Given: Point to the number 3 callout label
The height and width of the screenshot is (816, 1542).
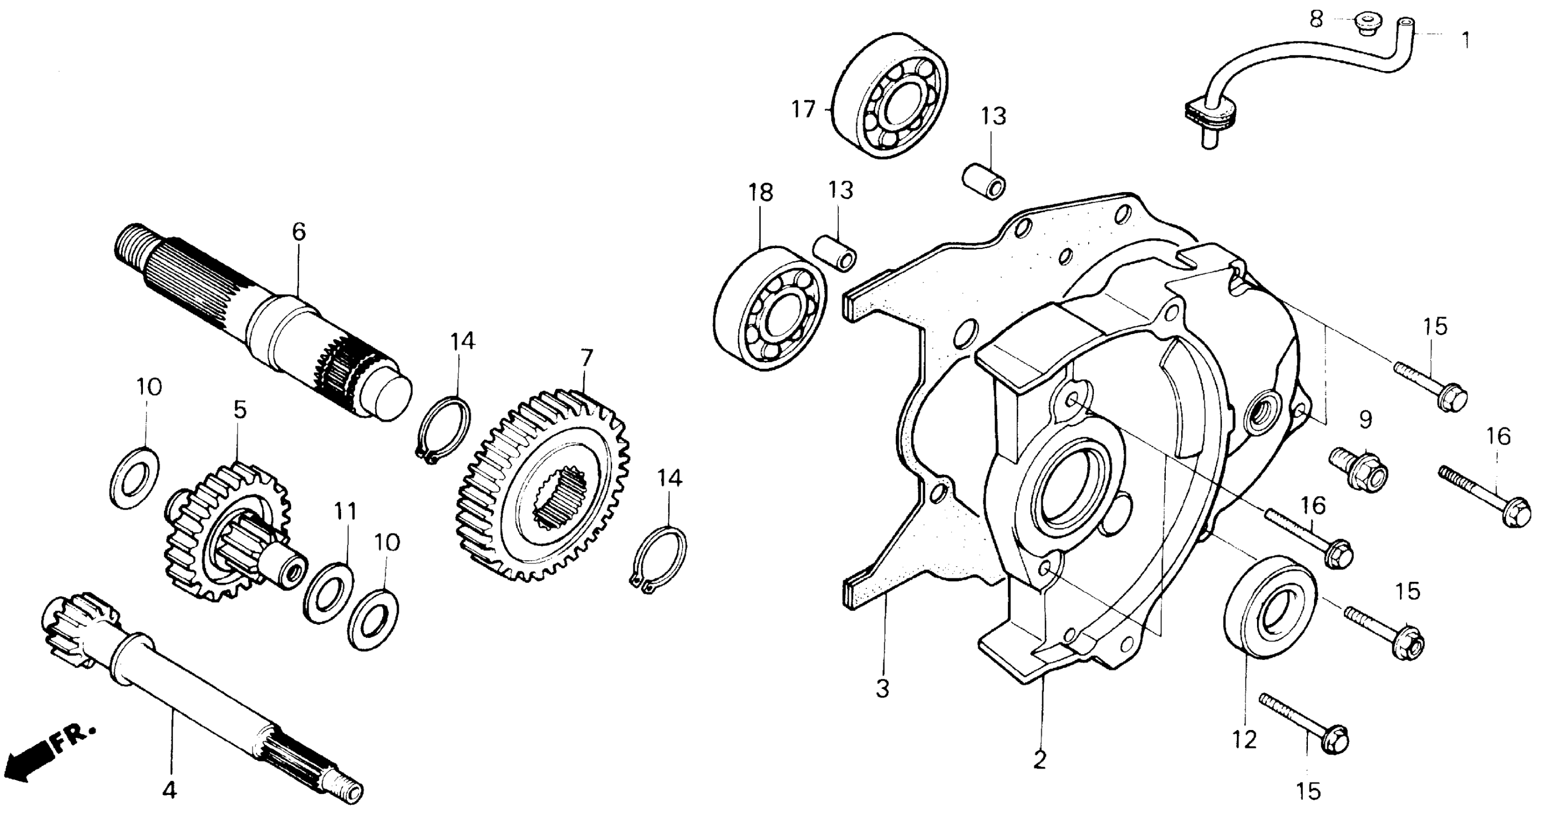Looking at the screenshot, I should tap(883, 689).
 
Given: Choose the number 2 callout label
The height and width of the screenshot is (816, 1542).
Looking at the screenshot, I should tap(1040, 760).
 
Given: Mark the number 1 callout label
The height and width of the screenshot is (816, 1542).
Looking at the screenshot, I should tap(1465, 41).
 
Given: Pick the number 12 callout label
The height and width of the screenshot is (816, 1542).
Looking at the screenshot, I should tap(1245, 740).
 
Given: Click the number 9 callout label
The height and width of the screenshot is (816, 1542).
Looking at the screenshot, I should tap(1365, 420).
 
